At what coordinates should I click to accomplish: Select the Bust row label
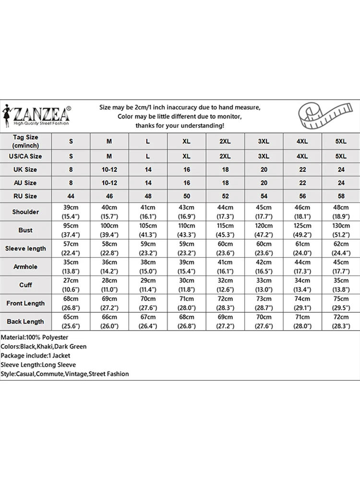pyautogui.click(x=25, y=230)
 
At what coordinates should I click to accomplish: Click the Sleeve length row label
pyautogui.click(x=25, y=249)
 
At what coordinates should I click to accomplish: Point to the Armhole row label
pyautogui.click(x=25, y=267)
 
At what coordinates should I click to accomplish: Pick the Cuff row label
pyautogui.click(x=25, y=285)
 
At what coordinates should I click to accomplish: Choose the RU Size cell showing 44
pyautogui.click(x=71, y=196)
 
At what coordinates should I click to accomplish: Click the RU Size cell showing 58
pyautogui.click(x=341, y=196)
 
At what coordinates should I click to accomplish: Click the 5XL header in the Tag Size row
pyautogui.click(x=341, y=141)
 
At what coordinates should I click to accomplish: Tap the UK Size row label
pyautogui.click(x=25, y=169)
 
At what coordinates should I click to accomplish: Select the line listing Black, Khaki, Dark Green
pyautogui.click(x=44, y=347)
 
